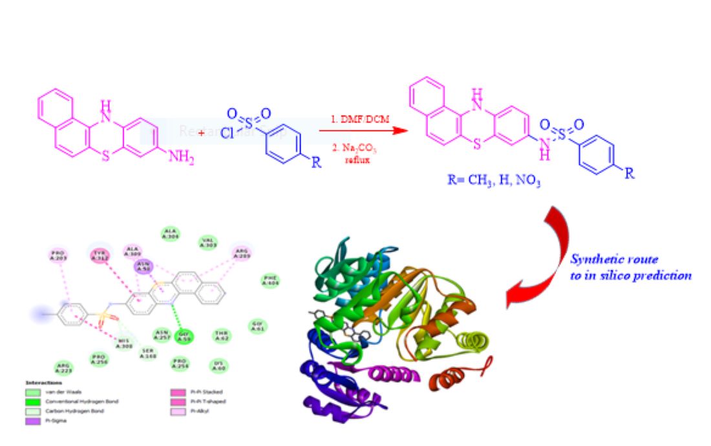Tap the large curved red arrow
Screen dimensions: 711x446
543,258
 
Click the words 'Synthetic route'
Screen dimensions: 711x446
614,259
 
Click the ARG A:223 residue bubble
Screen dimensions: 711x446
63,368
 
